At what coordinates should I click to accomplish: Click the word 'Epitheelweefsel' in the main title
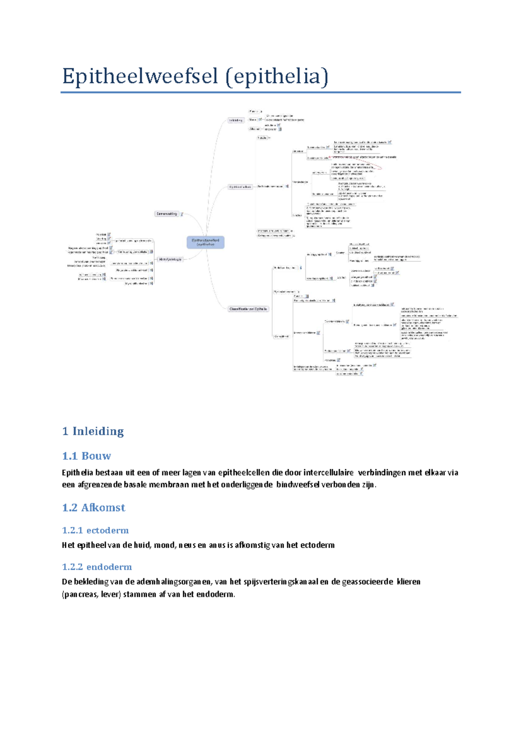coord(140,76)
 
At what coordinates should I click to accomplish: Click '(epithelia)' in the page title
coord(277,76)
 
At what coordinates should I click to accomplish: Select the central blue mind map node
coord(205,242)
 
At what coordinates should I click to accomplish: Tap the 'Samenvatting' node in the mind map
coord(167,214)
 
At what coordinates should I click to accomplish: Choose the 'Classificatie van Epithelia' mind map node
coord(248,309)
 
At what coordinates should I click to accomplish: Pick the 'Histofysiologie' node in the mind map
coord(170,259)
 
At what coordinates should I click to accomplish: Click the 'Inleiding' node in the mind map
coord(236,120)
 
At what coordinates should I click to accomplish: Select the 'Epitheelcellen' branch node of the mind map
coord(240,187)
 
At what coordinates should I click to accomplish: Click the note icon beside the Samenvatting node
coord(182,214)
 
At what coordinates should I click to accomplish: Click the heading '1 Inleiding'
coord(93,431)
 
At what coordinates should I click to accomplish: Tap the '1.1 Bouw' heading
coord(86,456)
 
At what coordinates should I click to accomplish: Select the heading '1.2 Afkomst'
coord(93,507)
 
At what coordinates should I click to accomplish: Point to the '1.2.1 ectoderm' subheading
coord(95,530)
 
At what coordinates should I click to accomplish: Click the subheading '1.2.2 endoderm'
coord(97,567)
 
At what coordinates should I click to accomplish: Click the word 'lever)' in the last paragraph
coord(111,594)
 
